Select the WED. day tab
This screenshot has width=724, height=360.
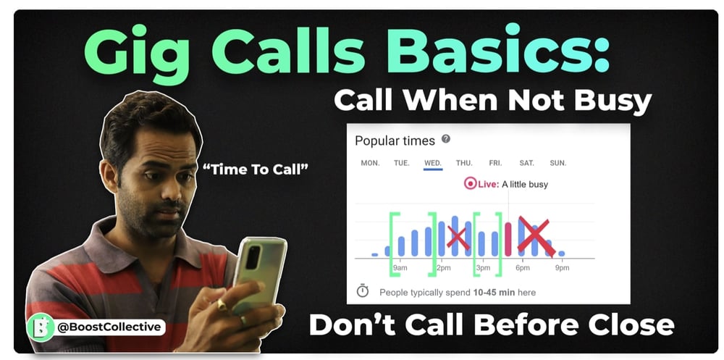pyautogui.click(x=433, y=163)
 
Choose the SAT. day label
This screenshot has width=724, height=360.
pyautogui.click(x=526, y=163)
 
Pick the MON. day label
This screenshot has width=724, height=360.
pyautogui.click(x=370, y=163)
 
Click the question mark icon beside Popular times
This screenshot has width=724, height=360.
pyautogui.click(x=445, y=139)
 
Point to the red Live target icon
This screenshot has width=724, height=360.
pyautogui.click(x=470, y=184)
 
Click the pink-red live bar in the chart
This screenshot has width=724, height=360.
pyautogui.click(x=508, y=239)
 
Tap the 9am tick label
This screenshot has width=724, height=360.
pyautogui.click(x=400, y=268)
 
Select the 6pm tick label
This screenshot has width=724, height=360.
pyautogui.click(x=523, y=268)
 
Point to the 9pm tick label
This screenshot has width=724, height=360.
pyautogui.click(x=562, y=268)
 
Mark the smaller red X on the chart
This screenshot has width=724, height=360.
pyautogui.click(x=458, y=238)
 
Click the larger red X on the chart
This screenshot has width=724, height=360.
pyautogui.click(x=536, y=237)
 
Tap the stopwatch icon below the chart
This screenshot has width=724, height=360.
pyautogui.click(x=363, y=291)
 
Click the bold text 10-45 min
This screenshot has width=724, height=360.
pyautogui.click(x=494, y=293)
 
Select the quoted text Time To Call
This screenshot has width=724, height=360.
pyautogui.click(x=256, y=169)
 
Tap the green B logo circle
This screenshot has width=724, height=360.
pyautogui.click(x=41, y=327)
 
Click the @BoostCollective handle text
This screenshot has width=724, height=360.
pyautogui.click(x=109, y=327)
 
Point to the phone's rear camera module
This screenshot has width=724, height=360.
pyautogui.click(x=252, y=257)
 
